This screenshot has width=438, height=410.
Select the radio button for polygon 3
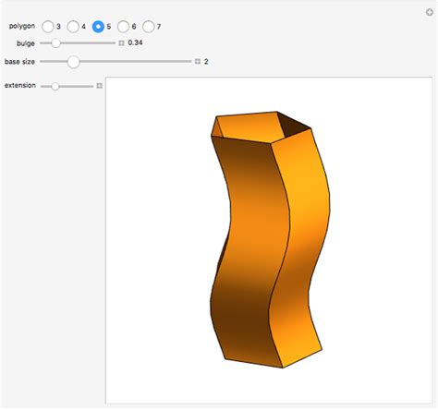pos(48,27)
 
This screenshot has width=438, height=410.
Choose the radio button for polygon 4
pos(73,27)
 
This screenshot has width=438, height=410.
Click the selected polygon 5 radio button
pos(98,27)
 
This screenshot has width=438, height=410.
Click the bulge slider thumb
pos(56,42)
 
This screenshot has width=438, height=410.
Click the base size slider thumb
pos(73,62)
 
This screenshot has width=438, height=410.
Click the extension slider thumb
pos(55,86)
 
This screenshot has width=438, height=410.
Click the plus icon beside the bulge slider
pos(121,42)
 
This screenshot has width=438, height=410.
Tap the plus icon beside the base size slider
pos(197,62)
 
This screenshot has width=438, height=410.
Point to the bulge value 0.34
pos(135,42)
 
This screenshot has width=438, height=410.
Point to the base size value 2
pos(206,62)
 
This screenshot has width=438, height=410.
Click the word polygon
pos(22,27)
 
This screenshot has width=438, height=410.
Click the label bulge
pos(26,42)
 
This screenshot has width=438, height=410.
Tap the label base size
pos(20,62)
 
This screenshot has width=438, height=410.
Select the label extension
pos(20,86)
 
